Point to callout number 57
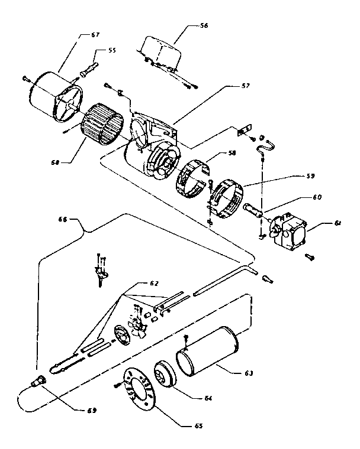tap(229, 86)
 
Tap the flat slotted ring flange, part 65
tap(141, 391)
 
